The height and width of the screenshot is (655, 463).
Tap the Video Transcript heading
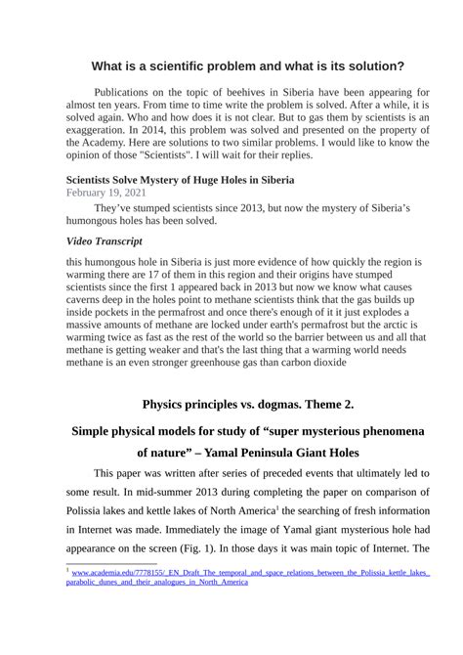[x=104, y=240]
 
